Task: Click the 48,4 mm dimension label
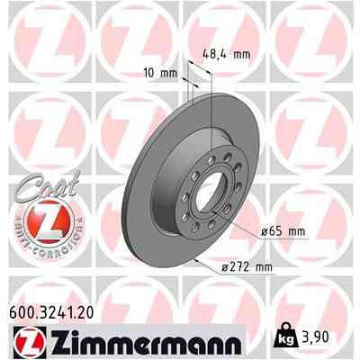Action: (x=225, y=54)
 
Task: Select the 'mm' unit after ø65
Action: (x=296, y=231)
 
